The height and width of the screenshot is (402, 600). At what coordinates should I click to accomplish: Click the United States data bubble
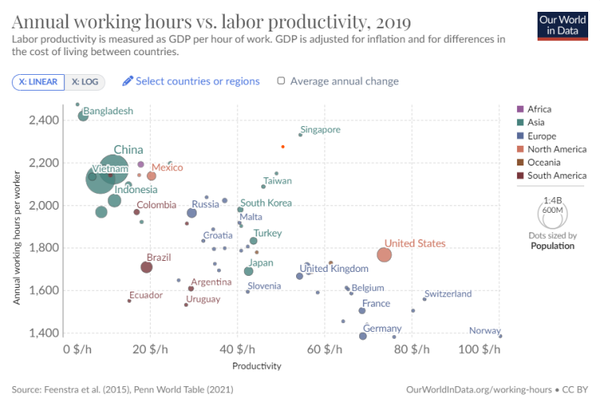[x=384, y=255]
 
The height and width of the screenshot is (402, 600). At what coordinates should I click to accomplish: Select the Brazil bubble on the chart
[x=146, y=267]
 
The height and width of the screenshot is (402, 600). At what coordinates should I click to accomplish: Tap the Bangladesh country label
[x=108, y=111]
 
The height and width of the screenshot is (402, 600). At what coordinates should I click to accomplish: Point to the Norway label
[x=484, y=331]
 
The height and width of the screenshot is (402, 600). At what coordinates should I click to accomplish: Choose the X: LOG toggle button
[x=84, y=82]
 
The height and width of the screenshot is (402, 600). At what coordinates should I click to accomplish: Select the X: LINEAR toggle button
[x=39, y=82]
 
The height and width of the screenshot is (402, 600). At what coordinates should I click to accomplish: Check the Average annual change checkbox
[x=281, y=81]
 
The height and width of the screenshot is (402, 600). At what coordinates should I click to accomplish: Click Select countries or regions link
[x=191, y=81]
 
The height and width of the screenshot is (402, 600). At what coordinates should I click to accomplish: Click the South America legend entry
[x=557, y=176]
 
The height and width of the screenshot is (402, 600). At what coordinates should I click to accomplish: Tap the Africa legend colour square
[x=520, y=109]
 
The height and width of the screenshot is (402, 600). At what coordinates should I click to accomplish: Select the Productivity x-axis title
[x=257, y=366]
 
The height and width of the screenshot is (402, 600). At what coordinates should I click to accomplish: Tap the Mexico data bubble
[x=152, y=176]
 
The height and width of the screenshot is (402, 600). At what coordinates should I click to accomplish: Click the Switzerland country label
[x=448, y=294]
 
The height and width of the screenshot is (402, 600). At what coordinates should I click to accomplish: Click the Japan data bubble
[x=249, y=271]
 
